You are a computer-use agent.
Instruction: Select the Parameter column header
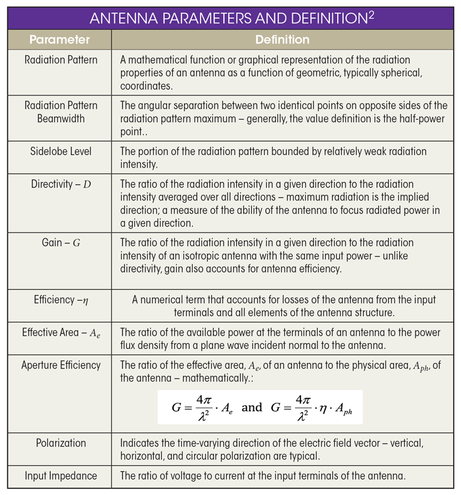[59, 40]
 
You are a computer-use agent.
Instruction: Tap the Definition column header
[282, 40]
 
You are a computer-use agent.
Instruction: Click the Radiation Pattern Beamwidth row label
[59, 111]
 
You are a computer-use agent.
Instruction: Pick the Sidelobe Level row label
[59, 151]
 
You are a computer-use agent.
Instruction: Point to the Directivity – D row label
[59, 184]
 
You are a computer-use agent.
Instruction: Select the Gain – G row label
[59, 242]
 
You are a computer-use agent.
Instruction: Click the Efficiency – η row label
[59, 300]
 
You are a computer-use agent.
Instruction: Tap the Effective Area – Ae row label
[59, 333]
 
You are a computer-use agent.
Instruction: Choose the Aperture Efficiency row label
[59, 365]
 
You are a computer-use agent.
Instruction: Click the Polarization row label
[59, 444]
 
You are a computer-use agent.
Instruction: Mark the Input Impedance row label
[59, 476]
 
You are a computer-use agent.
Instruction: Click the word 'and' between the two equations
[251, 408]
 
